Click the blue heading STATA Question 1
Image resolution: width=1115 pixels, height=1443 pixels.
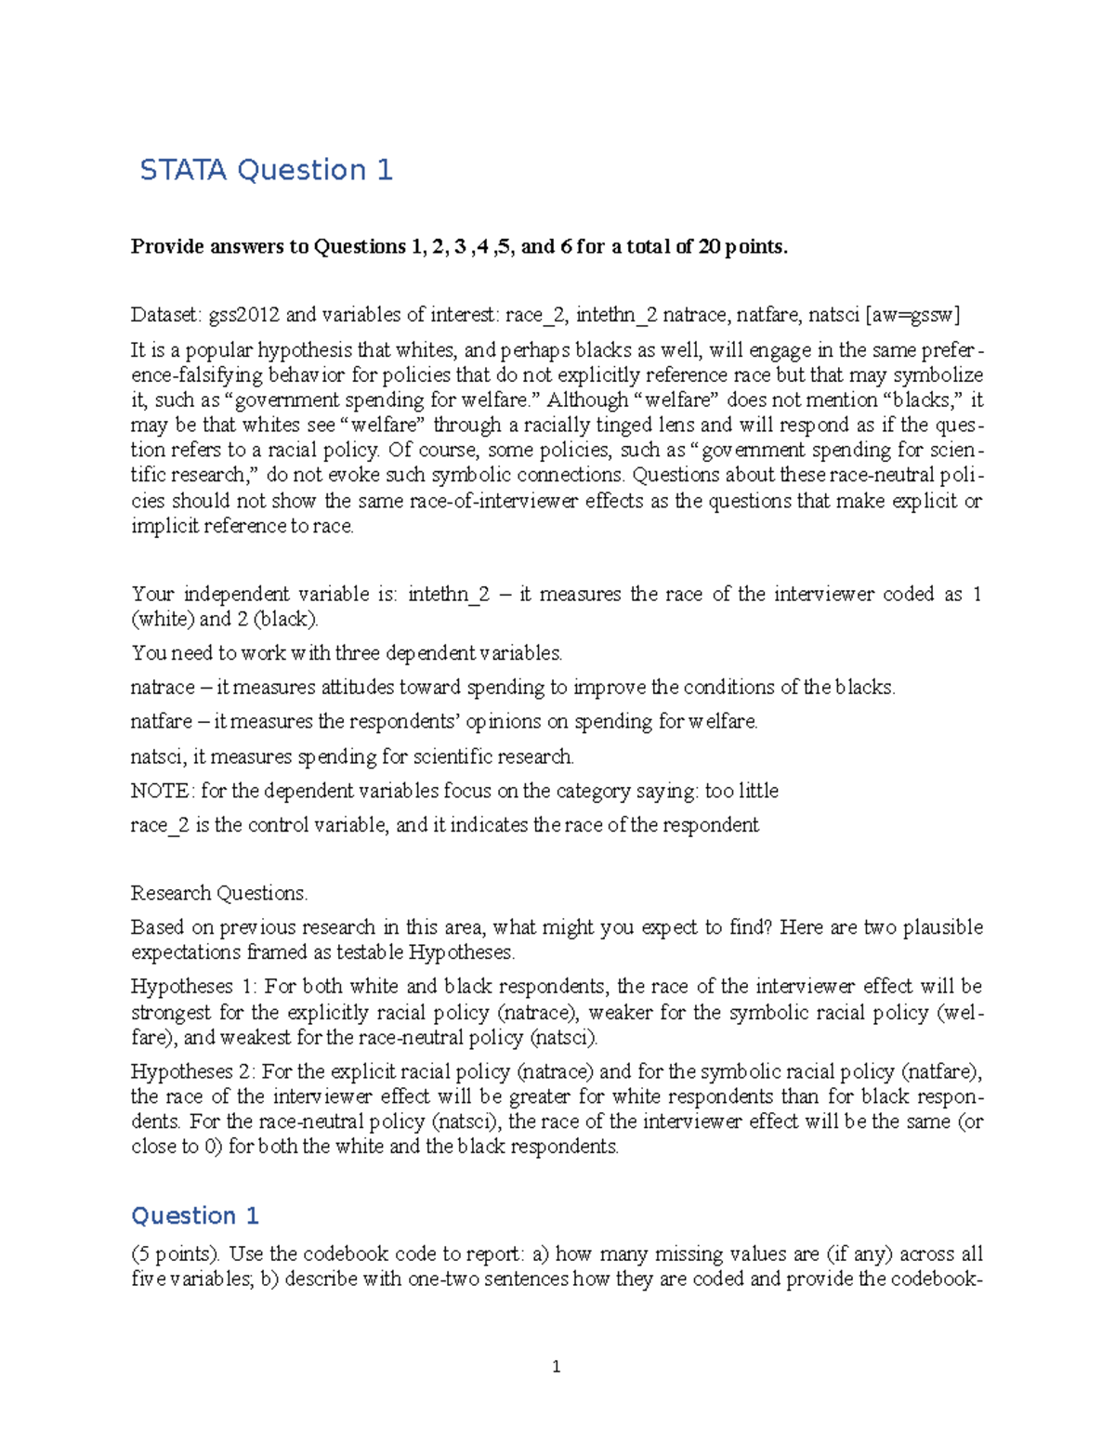coord(266,170)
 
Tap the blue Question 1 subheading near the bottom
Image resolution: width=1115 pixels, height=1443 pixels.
coord(195,1215)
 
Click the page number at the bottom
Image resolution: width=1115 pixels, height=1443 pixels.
coord(556,1366)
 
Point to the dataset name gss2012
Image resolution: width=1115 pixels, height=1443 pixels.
coord(243,315)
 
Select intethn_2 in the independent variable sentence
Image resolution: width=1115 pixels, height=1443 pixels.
coord(448,595)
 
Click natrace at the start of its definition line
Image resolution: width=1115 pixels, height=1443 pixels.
coord(163,688)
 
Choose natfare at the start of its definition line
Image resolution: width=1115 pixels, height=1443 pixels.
coord(162,722)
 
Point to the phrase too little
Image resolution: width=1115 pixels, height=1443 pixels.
coord(741,791)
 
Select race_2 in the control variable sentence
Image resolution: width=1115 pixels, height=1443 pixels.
coord(160,825)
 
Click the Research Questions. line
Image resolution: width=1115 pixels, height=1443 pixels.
coord(219,893)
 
